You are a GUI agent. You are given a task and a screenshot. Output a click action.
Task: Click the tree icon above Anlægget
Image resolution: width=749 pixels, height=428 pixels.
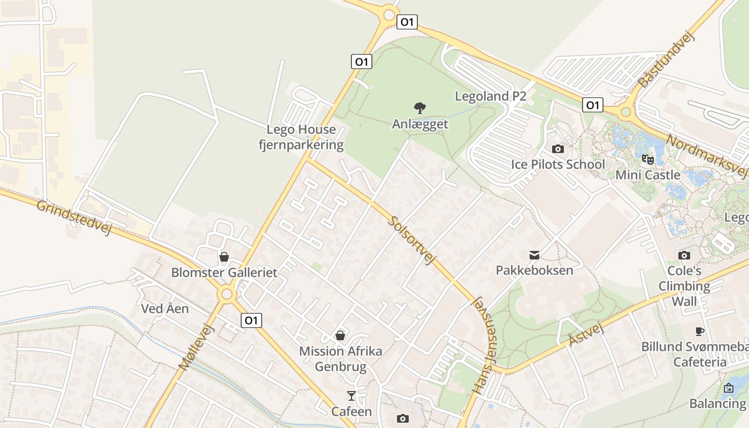click(x=420, y=108)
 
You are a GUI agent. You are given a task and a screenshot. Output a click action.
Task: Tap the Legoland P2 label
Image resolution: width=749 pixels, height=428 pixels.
click(x=491, y=96)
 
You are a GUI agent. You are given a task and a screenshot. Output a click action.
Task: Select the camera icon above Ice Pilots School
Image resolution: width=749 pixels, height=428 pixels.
click(x=558, y=149)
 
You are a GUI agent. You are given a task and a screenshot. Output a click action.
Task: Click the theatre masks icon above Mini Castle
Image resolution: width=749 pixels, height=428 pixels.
click(x=648, y=159)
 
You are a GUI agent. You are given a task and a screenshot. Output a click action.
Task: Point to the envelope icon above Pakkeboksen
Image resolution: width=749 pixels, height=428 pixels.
click(x=534, y=255)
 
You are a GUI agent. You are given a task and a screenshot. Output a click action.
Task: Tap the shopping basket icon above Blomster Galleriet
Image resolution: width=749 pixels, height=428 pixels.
click(x=224, y=257)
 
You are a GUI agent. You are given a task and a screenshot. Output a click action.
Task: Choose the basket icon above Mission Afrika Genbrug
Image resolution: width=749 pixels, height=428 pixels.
click(x=340, y=335)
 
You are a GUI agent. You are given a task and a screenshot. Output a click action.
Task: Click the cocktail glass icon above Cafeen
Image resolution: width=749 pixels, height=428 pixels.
click(x=351, y=396)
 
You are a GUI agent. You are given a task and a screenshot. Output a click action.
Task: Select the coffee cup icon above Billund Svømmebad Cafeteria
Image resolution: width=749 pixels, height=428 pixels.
click(x=699, y=331)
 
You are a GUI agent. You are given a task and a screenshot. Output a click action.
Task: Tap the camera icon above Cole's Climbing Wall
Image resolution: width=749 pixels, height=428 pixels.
click(x=684, y=255)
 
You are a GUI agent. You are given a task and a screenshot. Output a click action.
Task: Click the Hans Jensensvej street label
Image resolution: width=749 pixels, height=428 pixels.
click(x=485, y=345)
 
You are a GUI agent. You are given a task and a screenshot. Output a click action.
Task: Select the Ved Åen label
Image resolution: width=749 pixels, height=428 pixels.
click(x=165, y=309)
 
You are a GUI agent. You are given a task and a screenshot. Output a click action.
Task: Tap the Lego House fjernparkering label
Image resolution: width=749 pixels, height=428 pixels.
click(x=301, y=137)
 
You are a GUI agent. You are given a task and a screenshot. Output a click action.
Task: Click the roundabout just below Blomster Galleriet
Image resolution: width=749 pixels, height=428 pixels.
click(x=227, y=294)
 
